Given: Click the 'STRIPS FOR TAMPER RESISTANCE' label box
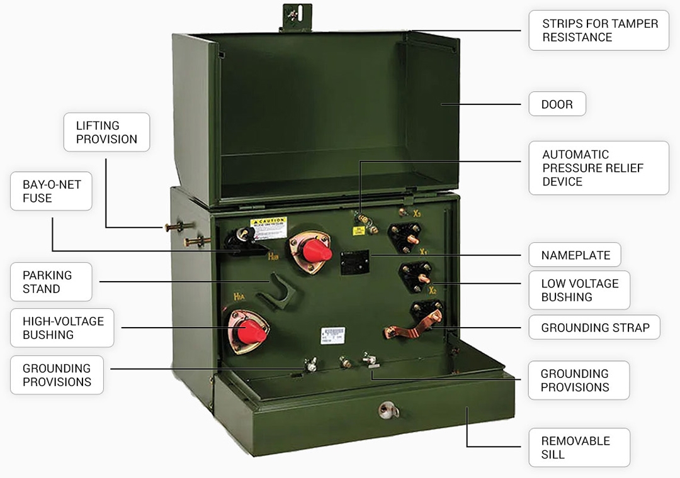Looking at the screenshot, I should pyautogui.click(x=599, y=30).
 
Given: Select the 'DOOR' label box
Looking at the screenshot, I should pyautogui.click(x=557, y=104).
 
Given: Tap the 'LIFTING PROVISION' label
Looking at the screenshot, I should pyautogui.click(x=106, y=132).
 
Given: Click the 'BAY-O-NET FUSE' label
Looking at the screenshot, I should pyautogui.click(x=51, y=192).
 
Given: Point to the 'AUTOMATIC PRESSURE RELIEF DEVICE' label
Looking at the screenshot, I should pyautogui.click(x=599, y=168).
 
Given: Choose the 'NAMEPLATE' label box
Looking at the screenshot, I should pyautogui.click(x=575, y=255).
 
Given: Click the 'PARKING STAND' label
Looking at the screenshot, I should pyautogui.click(x=51, y=282).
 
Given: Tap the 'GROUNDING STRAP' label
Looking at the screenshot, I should pyautogui.click(x=594, y=328).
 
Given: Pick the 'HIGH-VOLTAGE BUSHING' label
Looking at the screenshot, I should pyautogui.click(x=62, y=328).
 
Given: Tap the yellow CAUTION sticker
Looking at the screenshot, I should pyautogui.click(x=268, y=225).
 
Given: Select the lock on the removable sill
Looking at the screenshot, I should pyautogui.click(x=388, y=409).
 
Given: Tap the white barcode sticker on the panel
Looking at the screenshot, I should pyautogui.click(x=332, y=334).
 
